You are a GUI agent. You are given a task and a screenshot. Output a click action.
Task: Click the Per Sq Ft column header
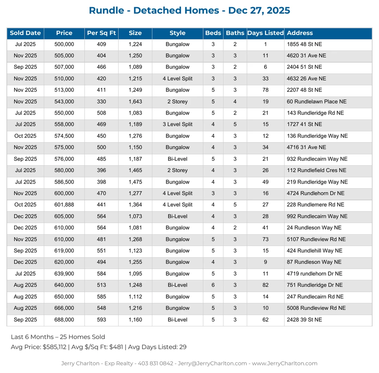coord(101,33)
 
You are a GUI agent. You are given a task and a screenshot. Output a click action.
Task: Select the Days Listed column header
coord(265,33)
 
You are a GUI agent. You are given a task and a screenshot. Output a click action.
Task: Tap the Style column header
coord(177,33)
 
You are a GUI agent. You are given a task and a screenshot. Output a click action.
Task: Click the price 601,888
coord(64,205)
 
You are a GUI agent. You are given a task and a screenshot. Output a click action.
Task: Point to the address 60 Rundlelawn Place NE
coord(317,102)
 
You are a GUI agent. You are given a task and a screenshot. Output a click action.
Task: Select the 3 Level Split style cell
coord(177,124)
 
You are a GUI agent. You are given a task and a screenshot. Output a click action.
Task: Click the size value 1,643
coord(135,102)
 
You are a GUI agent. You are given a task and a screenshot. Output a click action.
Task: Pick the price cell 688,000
coord(64,320)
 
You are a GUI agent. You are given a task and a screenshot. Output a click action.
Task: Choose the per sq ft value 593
coord(101,320)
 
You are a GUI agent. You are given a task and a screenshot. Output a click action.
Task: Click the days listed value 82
coord(265,285)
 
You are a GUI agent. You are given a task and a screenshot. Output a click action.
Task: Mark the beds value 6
coord(213,285)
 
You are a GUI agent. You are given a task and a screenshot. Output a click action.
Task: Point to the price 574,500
coord(64,136)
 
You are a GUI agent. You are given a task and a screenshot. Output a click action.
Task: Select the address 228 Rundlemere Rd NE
coord(315,205)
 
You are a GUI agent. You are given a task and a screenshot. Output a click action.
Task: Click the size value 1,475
coord(135,182)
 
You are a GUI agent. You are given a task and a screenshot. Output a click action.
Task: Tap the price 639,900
coord(64,274)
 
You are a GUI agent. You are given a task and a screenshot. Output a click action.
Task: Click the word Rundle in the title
coord(106,11)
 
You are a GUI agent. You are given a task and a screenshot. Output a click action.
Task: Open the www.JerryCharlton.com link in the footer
coord(285,364)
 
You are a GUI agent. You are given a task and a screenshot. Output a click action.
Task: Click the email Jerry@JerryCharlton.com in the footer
coord(212,364)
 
